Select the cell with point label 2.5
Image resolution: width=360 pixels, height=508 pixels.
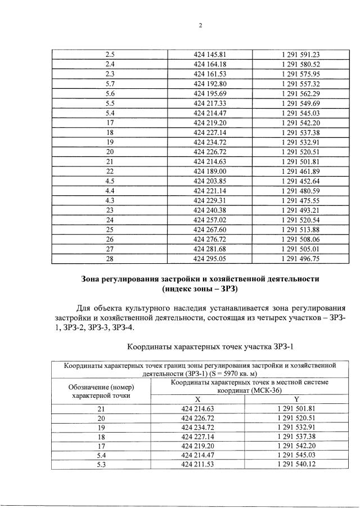coord(110,55)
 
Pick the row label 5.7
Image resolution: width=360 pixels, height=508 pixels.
coord(110,83)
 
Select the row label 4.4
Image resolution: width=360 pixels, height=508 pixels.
coord(110,190)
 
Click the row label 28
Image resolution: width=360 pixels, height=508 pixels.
coord(110,258)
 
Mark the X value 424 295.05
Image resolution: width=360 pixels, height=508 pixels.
coord(209,258)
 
